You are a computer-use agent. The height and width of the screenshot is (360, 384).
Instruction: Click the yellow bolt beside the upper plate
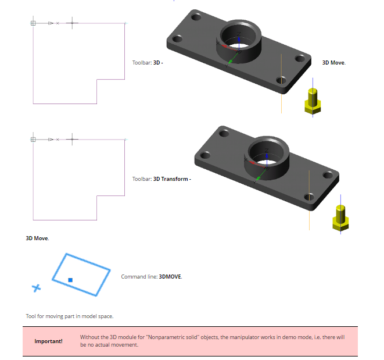313,101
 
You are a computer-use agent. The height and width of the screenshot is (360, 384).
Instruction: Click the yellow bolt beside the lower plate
340,218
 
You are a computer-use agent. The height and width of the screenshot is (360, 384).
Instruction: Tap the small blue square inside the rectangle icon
70,280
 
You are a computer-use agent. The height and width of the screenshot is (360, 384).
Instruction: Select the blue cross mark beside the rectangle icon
37,288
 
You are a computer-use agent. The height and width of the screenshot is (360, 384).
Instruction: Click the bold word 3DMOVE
170,277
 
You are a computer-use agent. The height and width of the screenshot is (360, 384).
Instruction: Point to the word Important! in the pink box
48,341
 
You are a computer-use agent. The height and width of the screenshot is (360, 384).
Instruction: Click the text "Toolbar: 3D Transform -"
162,179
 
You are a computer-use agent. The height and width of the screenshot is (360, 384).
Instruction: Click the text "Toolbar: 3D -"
148,63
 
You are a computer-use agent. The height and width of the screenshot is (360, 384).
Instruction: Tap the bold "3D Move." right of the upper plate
334,63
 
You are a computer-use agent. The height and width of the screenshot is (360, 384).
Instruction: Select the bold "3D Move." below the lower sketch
37,238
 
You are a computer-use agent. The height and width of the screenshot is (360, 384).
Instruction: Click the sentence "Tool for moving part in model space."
70,316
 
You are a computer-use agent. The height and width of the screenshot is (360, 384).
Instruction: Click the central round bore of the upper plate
238,37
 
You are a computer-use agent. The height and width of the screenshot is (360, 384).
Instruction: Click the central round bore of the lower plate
266,154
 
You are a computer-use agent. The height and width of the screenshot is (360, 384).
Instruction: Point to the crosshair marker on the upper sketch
72,23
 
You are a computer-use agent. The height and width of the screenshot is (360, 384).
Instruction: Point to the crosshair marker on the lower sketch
72,140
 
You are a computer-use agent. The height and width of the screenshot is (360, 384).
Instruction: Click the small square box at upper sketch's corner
33,23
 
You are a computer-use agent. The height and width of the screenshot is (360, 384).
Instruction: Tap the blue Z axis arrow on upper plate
239,44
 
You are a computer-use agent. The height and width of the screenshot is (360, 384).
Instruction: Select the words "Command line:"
139,277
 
